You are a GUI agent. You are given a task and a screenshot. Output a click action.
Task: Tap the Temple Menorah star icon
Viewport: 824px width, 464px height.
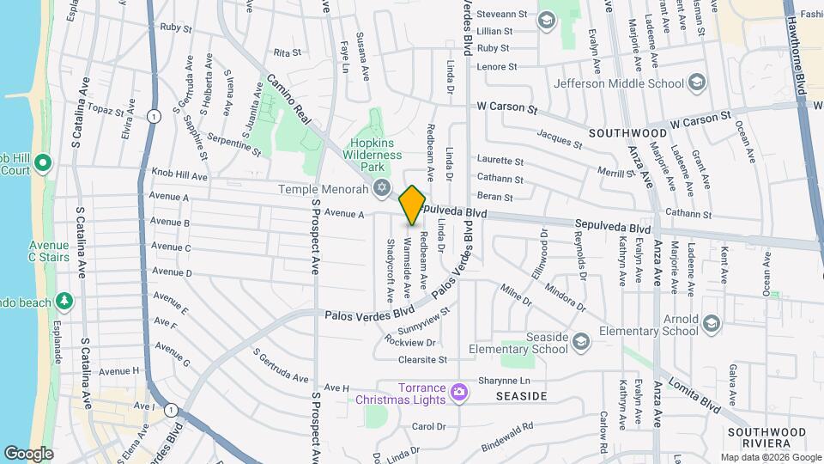click(x=383, y=188)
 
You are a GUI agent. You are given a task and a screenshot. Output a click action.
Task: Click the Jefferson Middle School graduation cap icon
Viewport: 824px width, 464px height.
click(x=697, y=82)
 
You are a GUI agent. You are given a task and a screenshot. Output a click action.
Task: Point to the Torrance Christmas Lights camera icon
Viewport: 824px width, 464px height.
click(x=460, y=393)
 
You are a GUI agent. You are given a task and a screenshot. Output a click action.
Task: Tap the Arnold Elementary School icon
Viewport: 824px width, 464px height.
click(x=711, y=324)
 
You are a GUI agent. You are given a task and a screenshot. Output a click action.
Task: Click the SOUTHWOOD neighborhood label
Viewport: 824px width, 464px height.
click(x=628, y=134)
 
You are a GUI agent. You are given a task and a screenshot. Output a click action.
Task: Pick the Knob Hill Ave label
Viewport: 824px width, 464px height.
click(x=179, y=175)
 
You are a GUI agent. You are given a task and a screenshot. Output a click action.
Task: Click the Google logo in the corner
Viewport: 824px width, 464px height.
click(x=28, y=453)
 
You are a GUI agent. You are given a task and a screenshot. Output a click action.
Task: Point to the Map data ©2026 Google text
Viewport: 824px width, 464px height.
click(x=770, y=457)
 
